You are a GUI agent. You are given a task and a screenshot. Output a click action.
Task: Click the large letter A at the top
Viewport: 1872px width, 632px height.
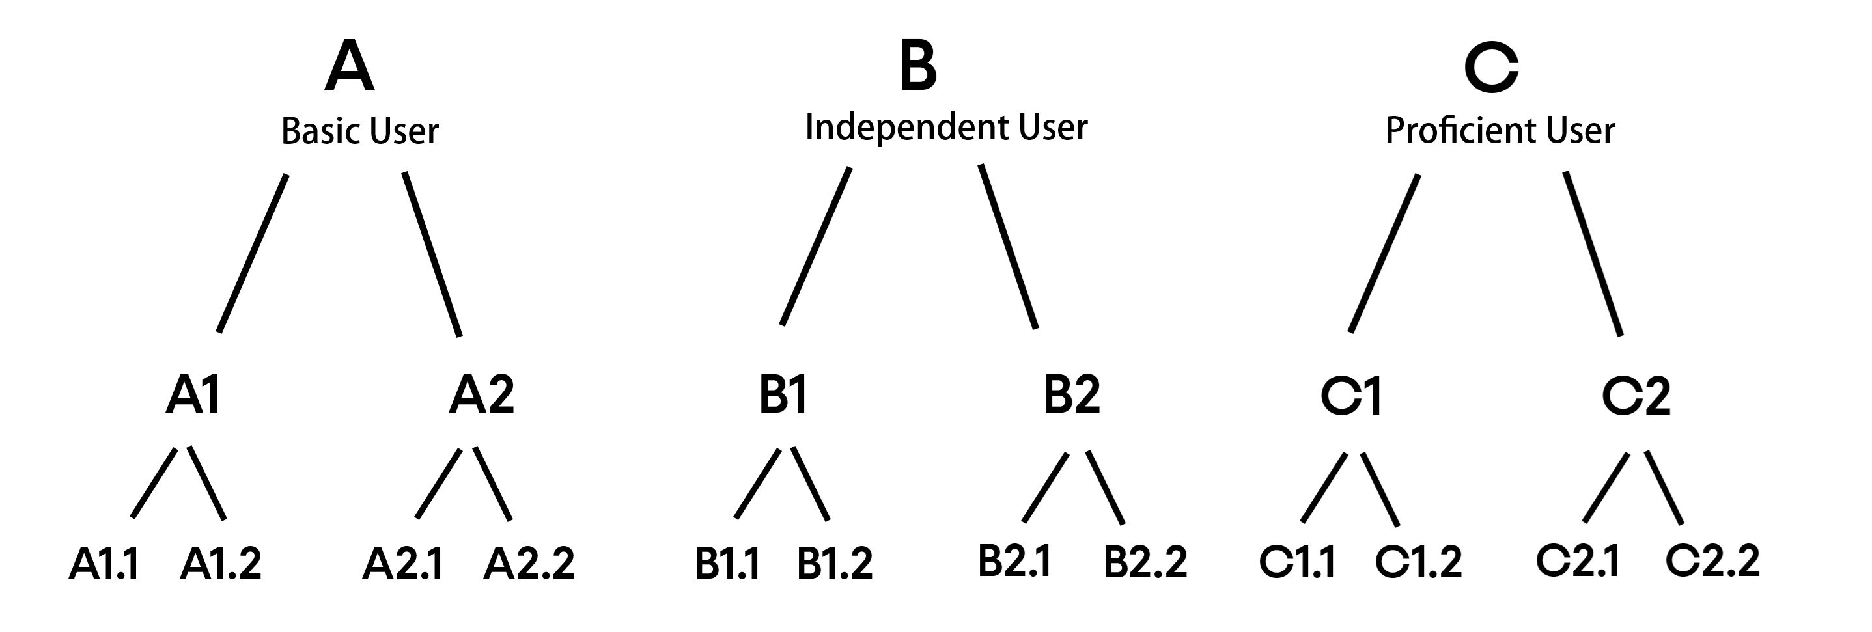pyautogui.click(x=350, y=66)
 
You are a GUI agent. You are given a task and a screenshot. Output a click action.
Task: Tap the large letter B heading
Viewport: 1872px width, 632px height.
pyautogui.click(x=918, y=66)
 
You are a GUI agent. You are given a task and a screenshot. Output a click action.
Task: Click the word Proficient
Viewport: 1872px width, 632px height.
pyautogui.click(x=1460, y=131)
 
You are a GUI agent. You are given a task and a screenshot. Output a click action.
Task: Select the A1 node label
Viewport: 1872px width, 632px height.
pyautogui.click(x=193, y=395)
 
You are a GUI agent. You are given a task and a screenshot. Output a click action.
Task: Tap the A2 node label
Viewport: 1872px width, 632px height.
pyautogui.click(x=482, y=395)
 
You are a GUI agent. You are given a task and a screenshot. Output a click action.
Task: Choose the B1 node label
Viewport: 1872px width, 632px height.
pyautogui.click(x=783, y=395)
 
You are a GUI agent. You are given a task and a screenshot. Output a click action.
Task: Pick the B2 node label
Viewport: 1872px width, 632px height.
pyautogui.click(x=1072, y=395)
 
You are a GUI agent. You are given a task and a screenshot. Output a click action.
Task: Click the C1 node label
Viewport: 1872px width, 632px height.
pyautogui.click(x=1351, y=396)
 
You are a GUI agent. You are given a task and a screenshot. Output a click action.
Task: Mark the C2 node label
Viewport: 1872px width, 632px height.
pyautogui.click(x=1636, y=396)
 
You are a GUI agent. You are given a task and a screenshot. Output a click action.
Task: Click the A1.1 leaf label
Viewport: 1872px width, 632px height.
pyautogui.click(x=104, y=564)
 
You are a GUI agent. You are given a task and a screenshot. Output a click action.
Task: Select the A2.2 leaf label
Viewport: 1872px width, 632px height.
pyautogui.click(x=529, y=564)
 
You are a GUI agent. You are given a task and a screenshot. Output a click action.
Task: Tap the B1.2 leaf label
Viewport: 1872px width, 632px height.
pyautogui.click(x=835, y=564)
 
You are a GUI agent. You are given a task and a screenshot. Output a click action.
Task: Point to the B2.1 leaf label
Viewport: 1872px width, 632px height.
pyautogui.click(x=1014, y=562)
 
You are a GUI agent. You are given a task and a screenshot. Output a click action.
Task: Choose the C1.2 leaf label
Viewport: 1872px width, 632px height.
pyautogui.click(x=1419, y=562)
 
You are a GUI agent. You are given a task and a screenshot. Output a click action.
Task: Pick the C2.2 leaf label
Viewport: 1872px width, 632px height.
pyautogui.click(x=1712, y=561)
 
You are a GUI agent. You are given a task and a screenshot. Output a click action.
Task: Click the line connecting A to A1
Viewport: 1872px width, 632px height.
pyautogui.click(x=253, y=253)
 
